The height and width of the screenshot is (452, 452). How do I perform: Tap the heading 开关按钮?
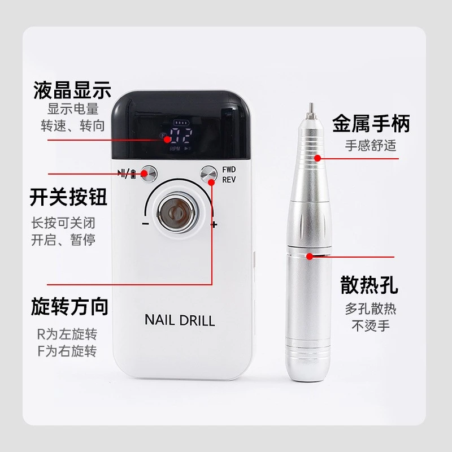[68, 198]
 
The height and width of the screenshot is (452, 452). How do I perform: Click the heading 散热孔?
[370, 285]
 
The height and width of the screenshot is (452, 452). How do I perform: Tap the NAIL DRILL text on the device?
[180, 320]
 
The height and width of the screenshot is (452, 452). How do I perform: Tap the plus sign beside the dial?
[214, 225]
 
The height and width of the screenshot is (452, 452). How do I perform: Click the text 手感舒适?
[371, 145]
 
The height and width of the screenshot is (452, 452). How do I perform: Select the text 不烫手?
[371, 326]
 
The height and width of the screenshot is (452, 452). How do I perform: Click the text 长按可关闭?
[63, 222]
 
